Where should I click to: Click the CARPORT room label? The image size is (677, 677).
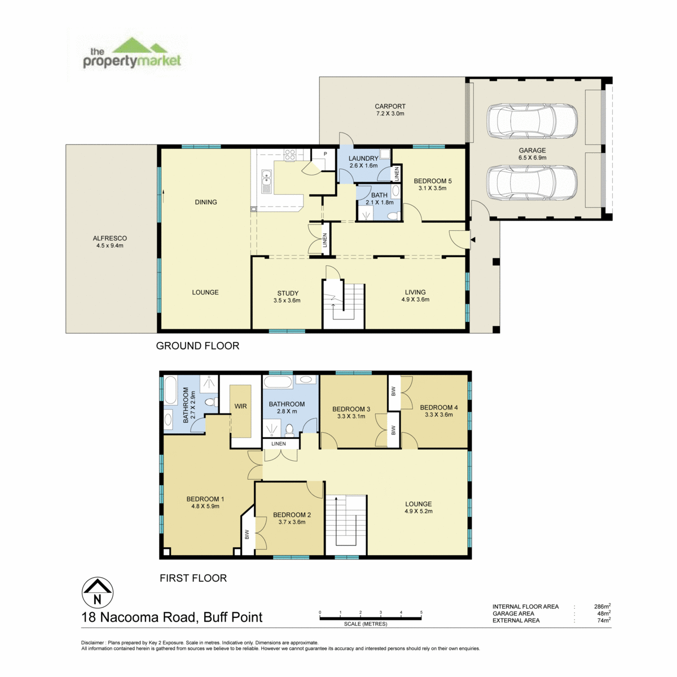[390, 106]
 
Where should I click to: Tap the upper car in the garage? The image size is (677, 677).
[532, 121]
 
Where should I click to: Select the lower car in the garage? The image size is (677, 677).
[532, 182]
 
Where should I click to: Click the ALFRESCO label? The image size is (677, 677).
[109, 238]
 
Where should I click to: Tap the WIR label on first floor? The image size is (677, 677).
[240, 406]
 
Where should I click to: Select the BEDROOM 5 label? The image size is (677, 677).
[433, 181]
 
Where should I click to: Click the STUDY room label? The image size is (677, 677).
[288, 293]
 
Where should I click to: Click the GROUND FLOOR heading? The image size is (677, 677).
[197, 346]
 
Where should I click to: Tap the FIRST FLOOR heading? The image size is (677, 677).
[194, 578]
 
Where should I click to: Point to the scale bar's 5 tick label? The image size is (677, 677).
[421, 612]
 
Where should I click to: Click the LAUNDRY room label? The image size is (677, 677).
[363, 159]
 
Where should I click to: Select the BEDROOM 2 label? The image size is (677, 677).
[292, 515]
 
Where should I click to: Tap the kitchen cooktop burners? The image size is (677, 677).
[290, 155]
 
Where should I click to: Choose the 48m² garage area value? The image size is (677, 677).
[604, 613]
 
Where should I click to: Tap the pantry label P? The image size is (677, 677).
[326, 154]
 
